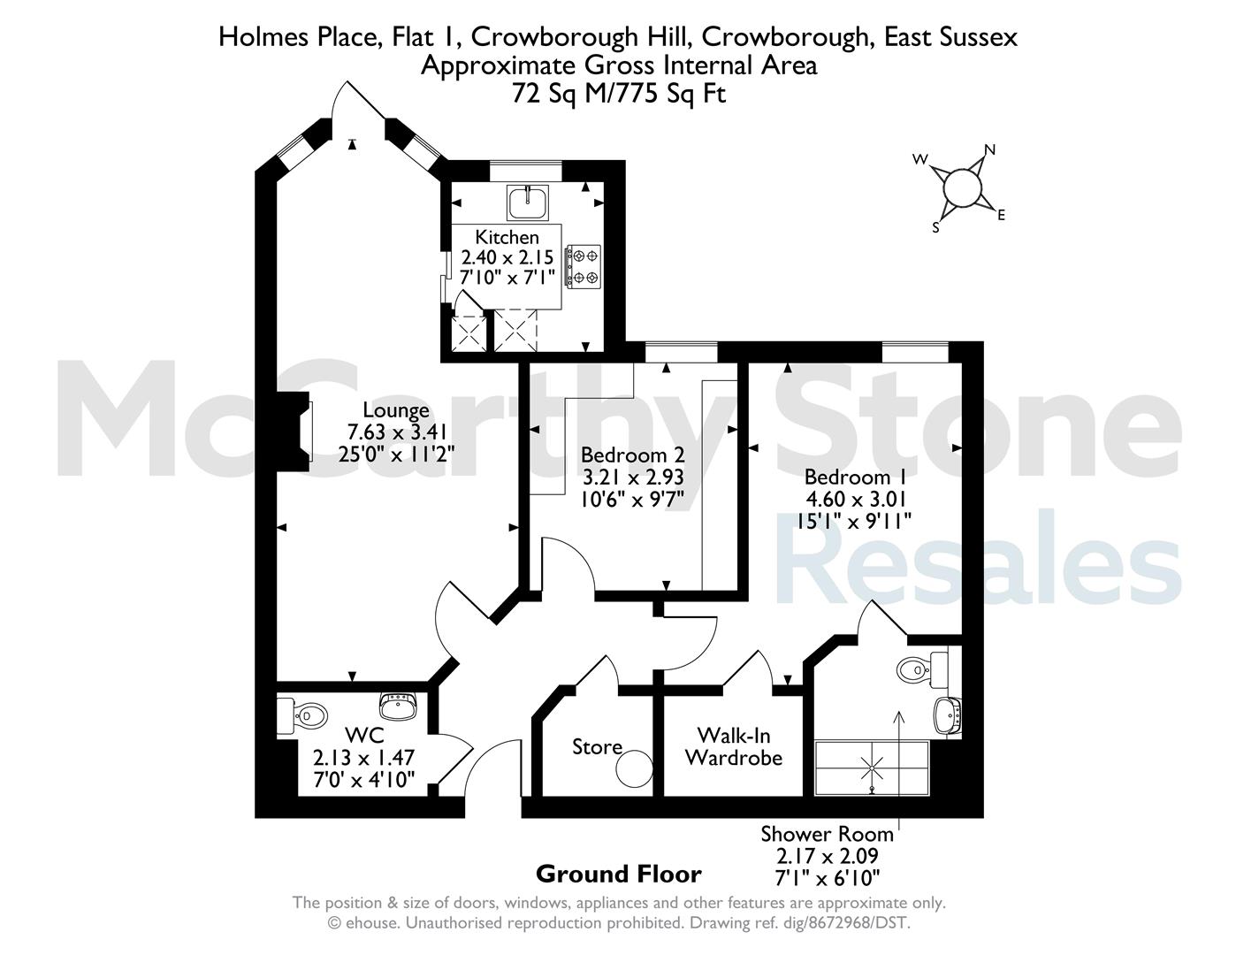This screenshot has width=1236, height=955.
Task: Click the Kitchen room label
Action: click(507, 237)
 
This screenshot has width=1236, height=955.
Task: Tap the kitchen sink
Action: click(528, 202)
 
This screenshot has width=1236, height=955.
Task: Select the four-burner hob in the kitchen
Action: click(584, 266)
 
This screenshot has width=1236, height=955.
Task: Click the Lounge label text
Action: click(396, 410)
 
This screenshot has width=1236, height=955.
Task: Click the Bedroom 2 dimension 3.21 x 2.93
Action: click(633, 477)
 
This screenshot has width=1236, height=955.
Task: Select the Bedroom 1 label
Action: click(854, 477)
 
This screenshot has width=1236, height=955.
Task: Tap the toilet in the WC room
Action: click(303, 715)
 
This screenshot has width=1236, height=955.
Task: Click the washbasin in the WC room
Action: click(398, 706)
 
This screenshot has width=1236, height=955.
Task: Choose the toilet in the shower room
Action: click(922, 668)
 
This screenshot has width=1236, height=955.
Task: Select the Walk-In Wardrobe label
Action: click(734, 746)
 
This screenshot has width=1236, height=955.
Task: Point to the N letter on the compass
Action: click(989, 149)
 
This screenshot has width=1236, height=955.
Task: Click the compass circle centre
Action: click(962, 188)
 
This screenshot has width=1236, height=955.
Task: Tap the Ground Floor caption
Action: click(619, 874)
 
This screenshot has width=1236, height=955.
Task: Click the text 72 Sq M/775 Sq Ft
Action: click(619, 93)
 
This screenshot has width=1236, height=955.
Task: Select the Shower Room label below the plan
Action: click(827, 834)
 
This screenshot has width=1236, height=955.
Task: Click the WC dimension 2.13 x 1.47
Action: click(363, 758)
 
